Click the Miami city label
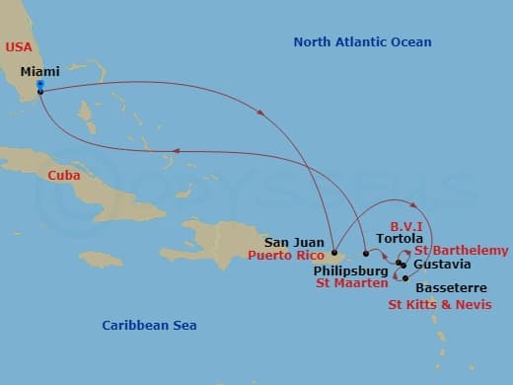[40, 71]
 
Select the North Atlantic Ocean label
[362, 41]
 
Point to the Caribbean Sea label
[149, 325]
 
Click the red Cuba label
[63, 175]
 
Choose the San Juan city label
[294, 241]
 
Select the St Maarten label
[349, 283]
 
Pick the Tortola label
[400, 239]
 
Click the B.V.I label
[406, 224]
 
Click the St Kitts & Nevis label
[438, 304]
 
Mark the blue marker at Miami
[39, 84]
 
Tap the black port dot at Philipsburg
[367, 254]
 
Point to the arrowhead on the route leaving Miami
[260, 113]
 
